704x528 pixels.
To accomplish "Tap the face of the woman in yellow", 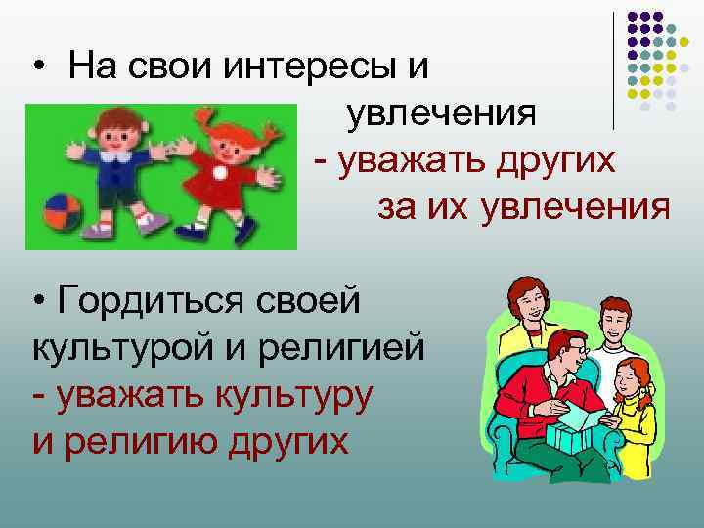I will [528, 302].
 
